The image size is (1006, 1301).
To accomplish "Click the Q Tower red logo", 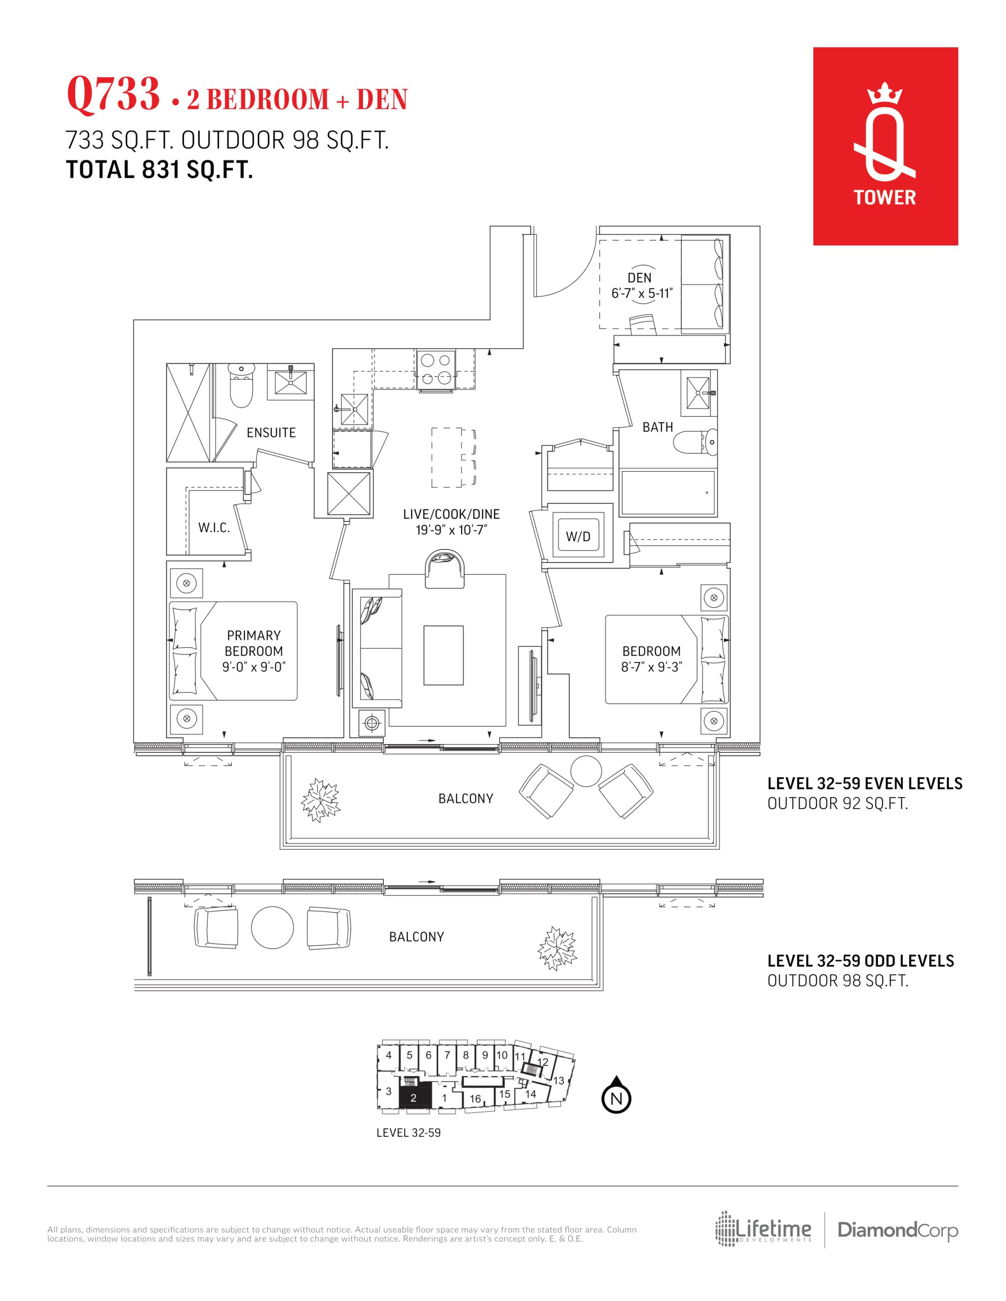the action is [885, 146].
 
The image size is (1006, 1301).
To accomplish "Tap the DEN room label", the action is [639, 277].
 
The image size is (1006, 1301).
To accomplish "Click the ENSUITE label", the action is [271, 432].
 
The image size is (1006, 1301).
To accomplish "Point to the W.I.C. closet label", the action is [214, 528].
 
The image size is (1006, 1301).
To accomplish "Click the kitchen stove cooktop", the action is [436, 369].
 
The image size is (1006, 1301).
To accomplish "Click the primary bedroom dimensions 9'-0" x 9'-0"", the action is [254, 667].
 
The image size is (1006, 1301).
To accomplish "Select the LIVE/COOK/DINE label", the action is [451, 514].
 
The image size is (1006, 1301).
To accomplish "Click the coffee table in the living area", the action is [443, 655].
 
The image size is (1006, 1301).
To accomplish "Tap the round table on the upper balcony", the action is [587, 772].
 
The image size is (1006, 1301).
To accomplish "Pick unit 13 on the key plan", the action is [559, 1080].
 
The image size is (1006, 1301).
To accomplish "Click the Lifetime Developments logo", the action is [764, 1229].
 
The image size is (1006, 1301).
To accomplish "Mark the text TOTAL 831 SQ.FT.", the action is [160, 170].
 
